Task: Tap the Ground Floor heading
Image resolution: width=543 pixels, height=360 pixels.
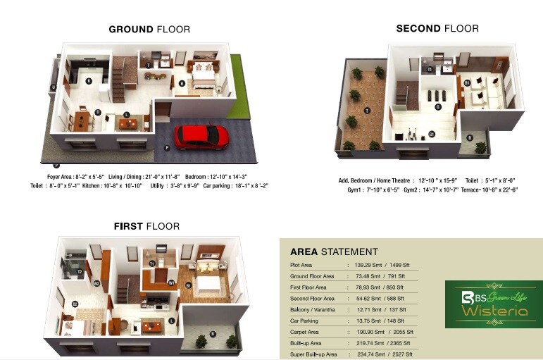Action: tap(149, 30)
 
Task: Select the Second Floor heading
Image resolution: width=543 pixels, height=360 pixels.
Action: tap(437, 29)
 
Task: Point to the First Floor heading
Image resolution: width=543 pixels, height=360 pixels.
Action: tap(146, 226)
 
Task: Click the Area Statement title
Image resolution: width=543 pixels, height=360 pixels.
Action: tap(334, 252)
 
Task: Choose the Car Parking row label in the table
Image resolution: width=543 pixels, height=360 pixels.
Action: tap(307, 321)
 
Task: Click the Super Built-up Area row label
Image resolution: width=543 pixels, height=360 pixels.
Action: tap(313, 354)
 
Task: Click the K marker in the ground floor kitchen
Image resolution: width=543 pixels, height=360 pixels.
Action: tap(89, 81)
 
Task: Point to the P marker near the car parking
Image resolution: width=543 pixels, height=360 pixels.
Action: tap(167, 147)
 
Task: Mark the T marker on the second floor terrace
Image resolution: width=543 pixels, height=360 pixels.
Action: tap(367, 111)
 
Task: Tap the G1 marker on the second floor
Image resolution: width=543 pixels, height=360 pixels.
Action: tap(431, 133)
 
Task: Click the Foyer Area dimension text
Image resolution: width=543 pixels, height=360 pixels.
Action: tap(76, 176)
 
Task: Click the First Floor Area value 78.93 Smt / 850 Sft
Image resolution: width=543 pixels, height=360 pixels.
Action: tap(375, 287)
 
